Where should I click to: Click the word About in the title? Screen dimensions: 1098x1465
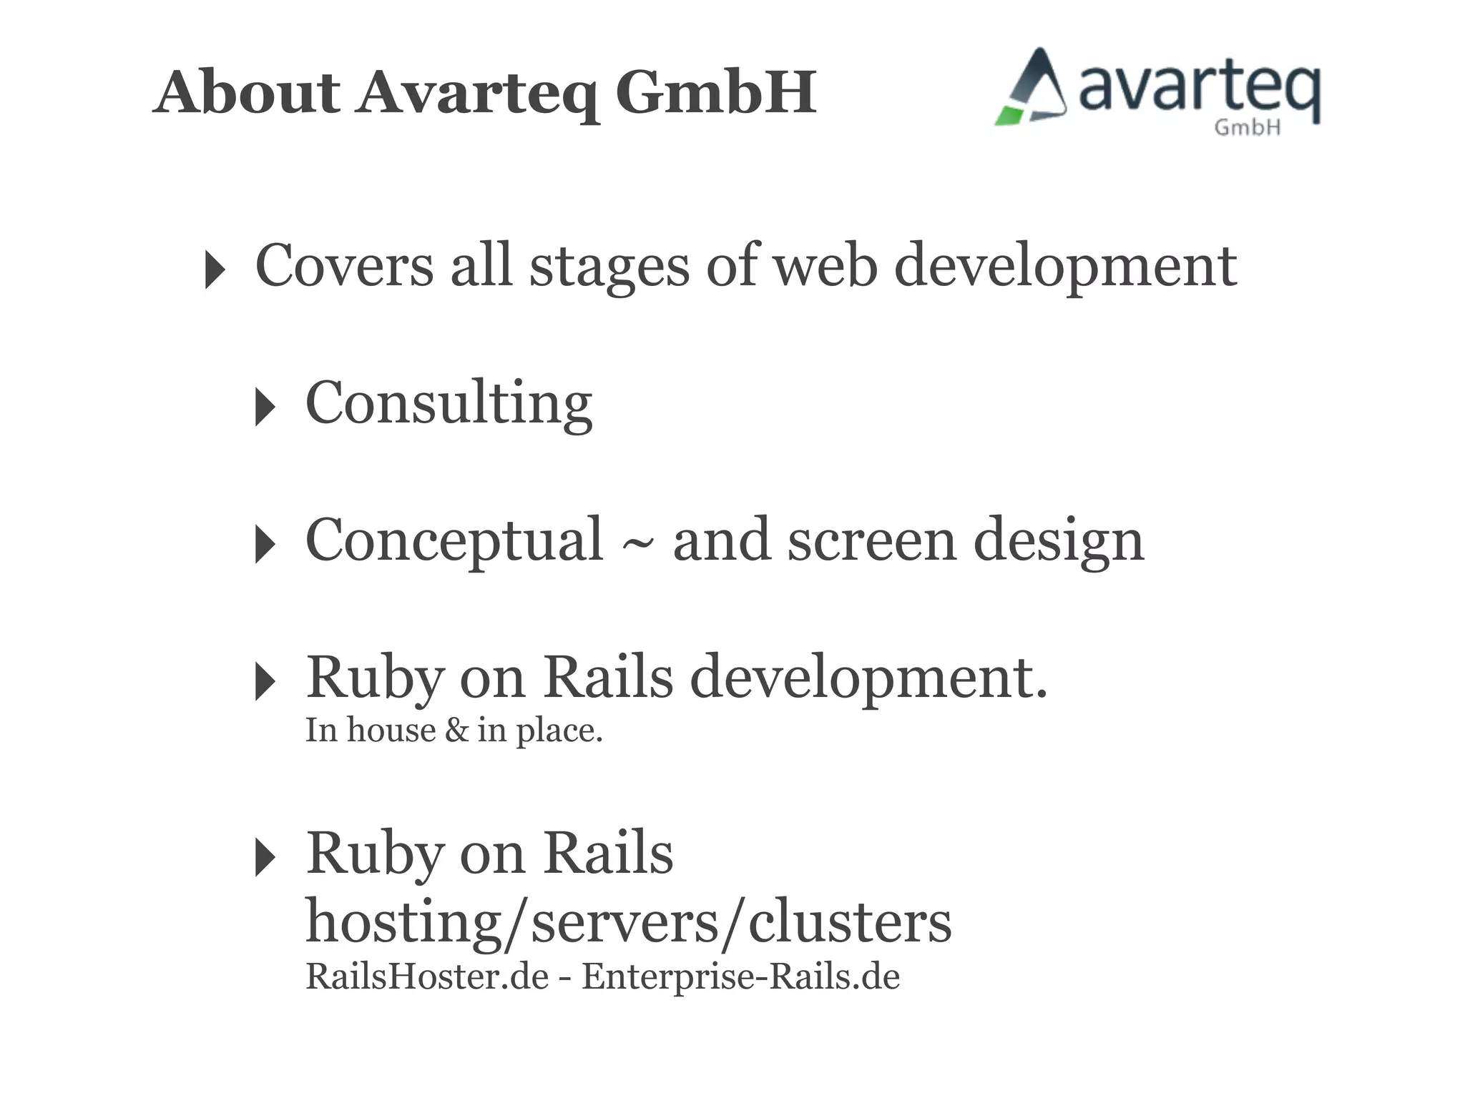248,92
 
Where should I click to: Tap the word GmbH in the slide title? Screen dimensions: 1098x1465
715,92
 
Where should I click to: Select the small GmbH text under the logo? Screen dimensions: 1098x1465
1247,127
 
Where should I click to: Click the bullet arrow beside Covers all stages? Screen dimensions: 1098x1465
214,269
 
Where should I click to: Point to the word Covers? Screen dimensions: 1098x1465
344,265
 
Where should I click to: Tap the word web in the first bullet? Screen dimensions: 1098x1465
825,265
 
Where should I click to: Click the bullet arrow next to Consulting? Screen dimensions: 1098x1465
265,407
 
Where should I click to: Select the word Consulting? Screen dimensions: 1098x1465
449,403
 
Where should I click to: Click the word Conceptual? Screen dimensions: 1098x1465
454,540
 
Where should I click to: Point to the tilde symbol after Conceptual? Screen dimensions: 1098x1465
637,545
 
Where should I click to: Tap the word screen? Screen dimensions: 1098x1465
871,540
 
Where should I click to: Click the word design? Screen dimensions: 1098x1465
1058,542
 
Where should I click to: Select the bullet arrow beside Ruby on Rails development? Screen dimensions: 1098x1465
265,681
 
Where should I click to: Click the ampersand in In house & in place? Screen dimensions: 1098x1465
456,731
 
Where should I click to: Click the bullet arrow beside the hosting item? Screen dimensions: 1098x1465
265,857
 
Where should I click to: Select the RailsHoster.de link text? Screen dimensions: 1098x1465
427,976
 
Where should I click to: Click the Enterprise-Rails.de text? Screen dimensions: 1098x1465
740,976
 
